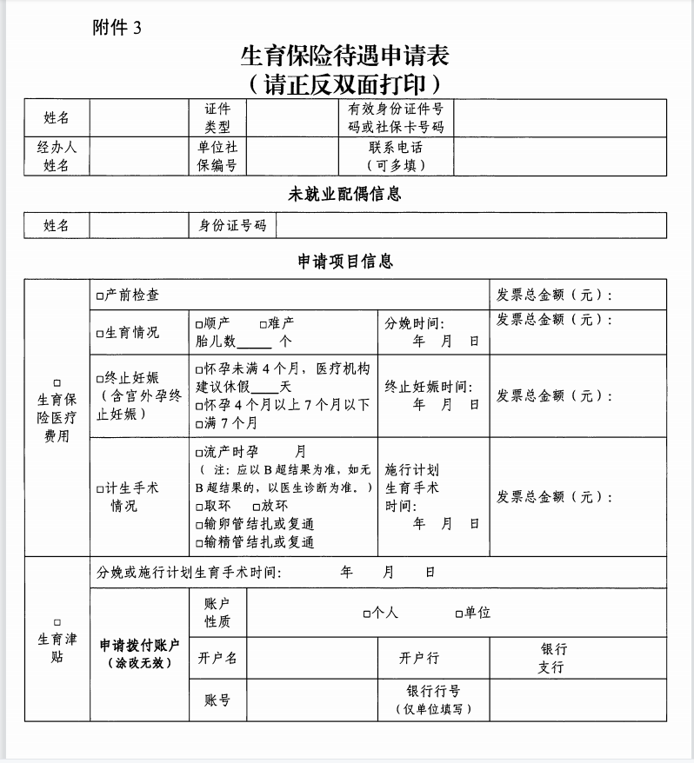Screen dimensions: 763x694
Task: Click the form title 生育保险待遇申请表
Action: click(x=345, y=56)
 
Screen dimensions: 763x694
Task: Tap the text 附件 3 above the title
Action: click(x=116, y=27)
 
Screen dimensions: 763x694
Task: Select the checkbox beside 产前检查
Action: click(x=100, y=295)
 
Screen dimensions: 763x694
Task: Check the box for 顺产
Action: click(x=200, y=323)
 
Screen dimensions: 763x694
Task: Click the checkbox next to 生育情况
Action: click(x=100, y=333)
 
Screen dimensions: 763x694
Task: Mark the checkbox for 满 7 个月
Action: click(x=200, y=423)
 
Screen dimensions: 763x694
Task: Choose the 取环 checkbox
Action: click(x=200, y=506)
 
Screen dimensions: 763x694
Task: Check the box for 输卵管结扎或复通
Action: click(x=200, y=524)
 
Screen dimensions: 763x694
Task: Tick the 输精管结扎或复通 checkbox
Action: click(x=200, y=542)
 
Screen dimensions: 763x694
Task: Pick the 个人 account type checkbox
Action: click(x=367, y=614)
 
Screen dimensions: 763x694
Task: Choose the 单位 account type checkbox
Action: click(x=459, y=614)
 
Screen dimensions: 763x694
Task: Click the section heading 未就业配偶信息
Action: click(x=345, y=195)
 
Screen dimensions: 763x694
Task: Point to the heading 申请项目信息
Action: click(x=345, y=262)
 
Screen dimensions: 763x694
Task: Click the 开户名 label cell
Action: click(x=218, y=658)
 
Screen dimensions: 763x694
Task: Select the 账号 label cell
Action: click(x=218, y=700)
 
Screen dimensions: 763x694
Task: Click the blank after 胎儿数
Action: click(x=254, y=342)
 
